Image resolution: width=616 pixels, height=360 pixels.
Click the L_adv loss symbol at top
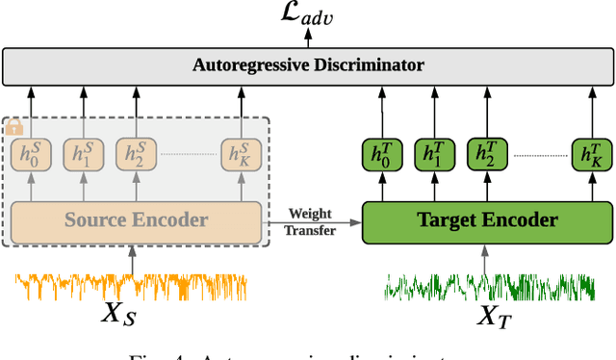309,13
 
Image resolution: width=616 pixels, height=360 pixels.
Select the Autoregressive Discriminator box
308,65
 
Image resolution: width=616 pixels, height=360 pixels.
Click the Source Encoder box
136,220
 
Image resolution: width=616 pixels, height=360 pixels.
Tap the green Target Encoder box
486,220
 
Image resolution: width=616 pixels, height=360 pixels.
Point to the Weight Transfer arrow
312,222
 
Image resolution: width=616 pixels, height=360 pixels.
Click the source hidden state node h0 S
30,154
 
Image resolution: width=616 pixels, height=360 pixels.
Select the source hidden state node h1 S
82,154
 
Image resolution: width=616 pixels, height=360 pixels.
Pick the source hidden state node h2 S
135,154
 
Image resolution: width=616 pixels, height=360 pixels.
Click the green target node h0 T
381,154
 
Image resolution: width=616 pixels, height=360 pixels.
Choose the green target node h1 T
434,154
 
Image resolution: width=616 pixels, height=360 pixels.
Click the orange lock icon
13,126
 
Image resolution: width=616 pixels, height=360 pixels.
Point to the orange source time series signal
132,286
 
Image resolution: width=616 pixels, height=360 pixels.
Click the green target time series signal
486,286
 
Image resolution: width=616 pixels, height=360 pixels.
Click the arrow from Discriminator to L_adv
308,39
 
